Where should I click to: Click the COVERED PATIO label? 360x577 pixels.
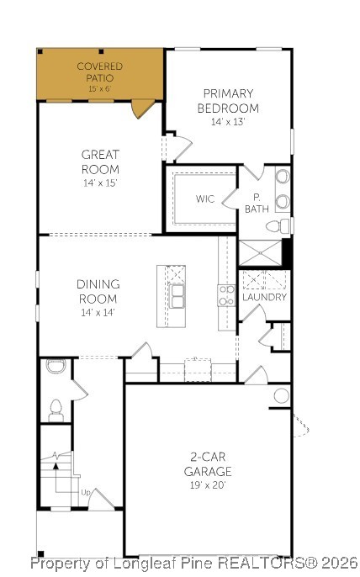tap(99, 71)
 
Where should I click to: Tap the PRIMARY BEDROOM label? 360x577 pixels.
tap(228, 102)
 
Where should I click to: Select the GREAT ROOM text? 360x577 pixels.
tap(100, 161)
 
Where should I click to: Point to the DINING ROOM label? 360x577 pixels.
tap(98, 291)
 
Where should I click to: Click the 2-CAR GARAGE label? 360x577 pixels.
tap(208, 465)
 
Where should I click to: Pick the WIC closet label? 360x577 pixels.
tap(205, 199)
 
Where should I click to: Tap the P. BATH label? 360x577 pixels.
tap(257, 203)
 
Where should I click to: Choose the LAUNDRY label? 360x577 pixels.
tap(264, 297)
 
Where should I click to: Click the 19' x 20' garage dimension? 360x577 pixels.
tap(208, 484)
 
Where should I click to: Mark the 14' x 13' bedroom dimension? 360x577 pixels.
tap(228, 121)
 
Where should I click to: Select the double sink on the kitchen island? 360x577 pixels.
tap(177, 296)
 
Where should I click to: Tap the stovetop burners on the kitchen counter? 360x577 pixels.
tap(226, 294)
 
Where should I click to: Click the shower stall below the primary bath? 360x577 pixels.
tap(260, 252)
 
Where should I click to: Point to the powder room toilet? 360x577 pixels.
tap(56, 410)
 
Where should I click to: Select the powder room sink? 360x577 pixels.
tap(55, 367)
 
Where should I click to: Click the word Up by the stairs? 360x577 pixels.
tap(85, 492)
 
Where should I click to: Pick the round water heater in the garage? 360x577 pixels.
tap(281, 395)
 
